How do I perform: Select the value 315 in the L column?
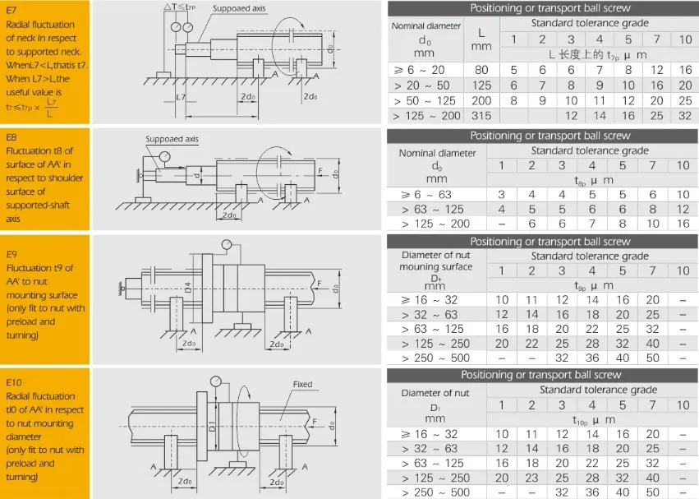[481, 116]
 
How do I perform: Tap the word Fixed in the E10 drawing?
[302, 385]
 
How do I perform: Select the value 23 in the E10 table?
[532, 478]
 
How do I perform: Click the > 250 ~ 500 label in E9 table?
[435, 358]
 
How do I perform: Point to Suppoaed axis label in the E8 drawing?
[172, 140]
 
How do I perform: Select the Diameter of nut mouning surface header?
[436, 261]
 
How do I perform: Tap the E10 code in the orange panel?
[16, 382]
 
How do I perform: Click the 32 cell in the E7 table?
[683, 116]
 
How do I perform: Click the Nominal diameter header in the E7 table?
[425, 25]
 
